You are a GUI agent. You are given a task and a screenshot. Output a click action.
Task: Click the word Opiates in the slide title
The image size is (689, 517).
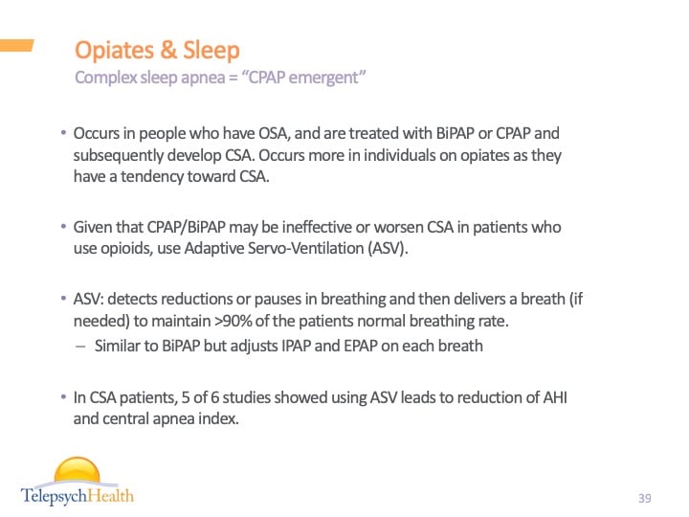pos(111,50)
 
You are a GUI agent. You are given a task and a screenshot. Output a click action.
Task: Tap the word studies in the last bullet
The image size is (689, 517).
pos(231,396)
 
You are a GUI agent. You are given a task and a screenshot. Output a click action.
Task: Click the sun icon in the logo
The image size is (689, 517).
pos(77,472)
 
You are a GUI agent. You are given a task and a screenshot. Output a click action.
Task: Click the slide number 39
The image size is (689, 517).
pos(644,498)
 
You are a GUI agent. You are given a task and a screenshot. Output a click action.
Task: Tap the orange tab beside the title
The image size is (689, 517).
pos(17,45)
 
